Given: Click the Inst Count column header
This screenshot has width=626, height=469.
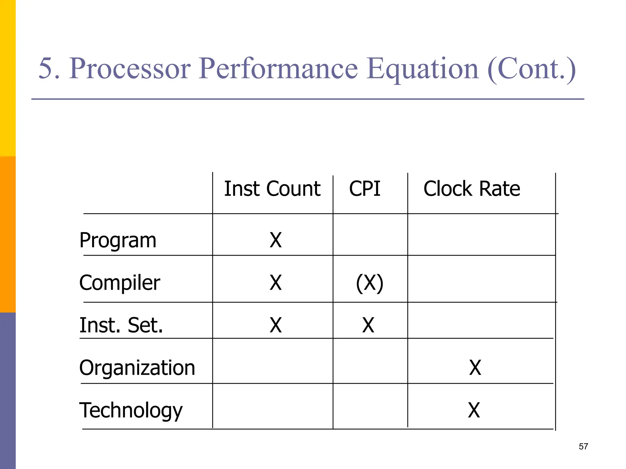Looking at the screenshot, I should (x=272, y=189).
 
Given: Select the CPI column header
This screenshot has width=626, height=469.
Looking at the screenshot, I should (x=365, y=189).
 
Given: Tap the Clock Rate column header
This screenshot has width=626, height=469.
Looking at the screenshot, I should (x=472, y=189).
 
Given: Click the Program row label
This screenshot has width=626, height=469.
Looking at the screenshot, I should (x=118, y=241).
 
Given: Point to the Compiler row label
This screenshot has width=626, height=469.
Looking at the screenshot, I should (x=120, y=283).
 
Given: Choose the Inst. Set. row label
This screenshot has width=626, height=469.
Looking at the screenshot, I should (x=121, y=325).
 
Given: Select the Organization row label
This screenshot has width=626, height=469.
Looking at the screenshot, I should (x=137, y=368).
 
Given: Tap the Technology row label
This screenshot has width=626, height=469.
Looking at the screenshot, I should (x=131, y=410).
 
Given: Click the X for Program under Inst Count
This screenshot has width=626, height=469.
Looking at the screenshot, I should (x=275, y=240).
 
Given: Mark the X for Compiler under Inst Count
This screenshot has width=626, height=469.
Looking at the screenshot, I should (x=275, y=283).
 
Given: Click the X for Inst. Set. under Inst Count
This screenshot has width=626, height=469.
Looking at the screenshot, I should (x=275, y=325).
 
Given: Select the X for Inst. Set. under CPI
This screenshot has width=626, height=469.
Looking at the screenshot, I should (x=368, y=325).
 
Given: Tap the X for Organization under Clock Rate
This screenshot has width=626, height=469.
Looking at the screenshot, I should (x=475, y=368).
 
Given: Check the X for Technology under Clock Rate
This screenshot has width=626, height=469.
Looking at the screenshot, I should (x=474, y=410).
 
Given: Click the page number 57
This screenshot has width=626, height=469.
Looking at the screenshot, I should (x=583, y=447).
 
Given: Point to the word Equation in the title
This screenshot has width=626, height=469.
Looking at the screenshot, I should (x=422, y=70).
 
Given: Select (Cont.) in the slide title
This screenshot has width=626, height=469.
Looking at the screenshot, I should (x=531, y=70).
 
